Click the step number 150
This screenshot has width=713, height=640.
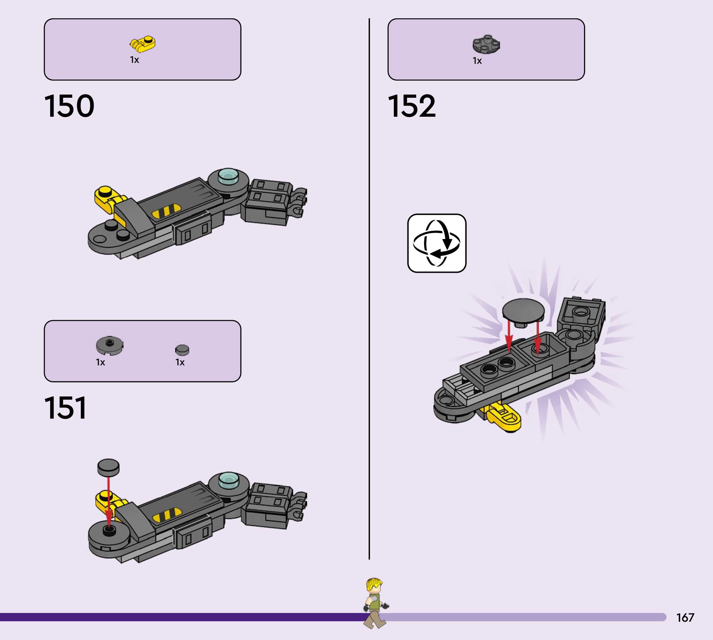69,106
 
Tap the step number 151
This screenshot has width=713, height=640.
65,408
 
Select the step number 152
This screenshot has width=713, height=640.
412,106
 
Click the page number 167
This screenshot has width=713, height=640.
685,617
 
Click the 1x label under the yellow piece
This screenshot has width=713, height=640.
134,60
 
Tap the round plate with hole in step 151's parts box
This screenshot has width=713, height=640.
109,345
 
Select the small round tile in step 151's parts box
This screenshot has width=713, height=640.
182,350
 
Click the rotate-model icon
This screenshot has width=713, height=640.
437,243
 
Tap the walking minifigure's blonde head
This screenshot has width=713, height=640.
374,586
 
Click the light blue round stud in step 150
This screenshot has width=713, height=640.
228,176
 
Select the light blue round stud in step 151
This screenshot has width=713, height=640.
228,479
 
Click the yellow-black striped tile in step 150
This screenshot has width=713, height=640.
166,211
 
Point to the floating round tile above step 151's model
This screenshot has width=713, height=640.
108,467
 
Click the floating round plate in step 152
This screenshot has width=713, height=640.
523,311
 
